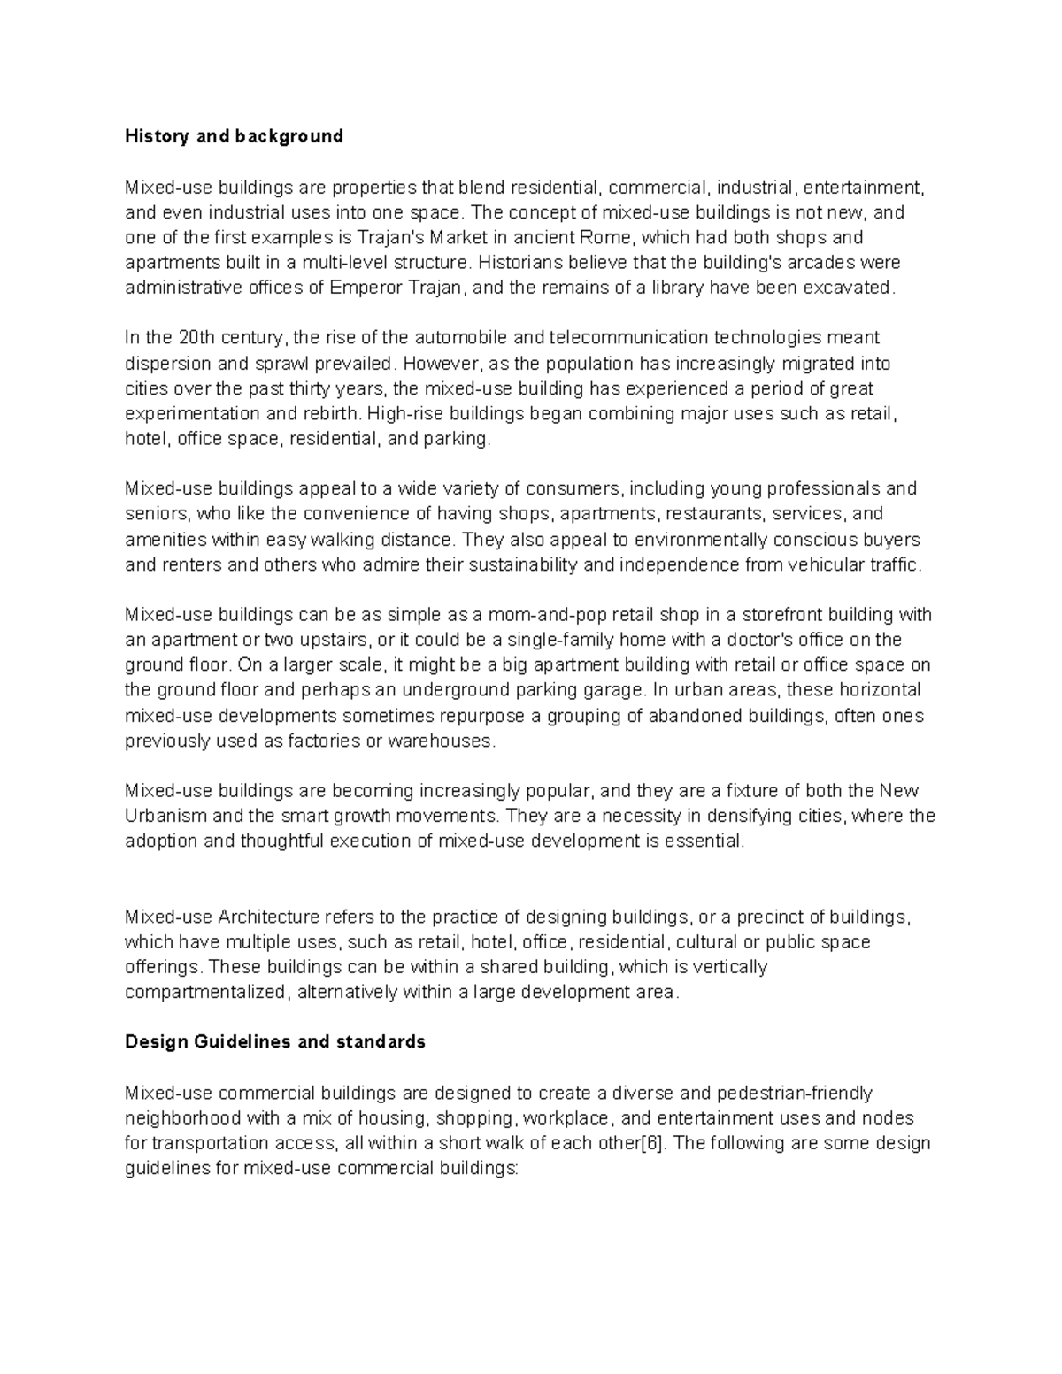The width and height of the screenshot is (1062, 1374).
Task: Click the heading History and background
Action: tap(234, 136)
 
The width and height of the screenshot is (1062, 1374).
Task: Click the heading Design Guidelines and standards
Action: tap(275, 1042)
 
